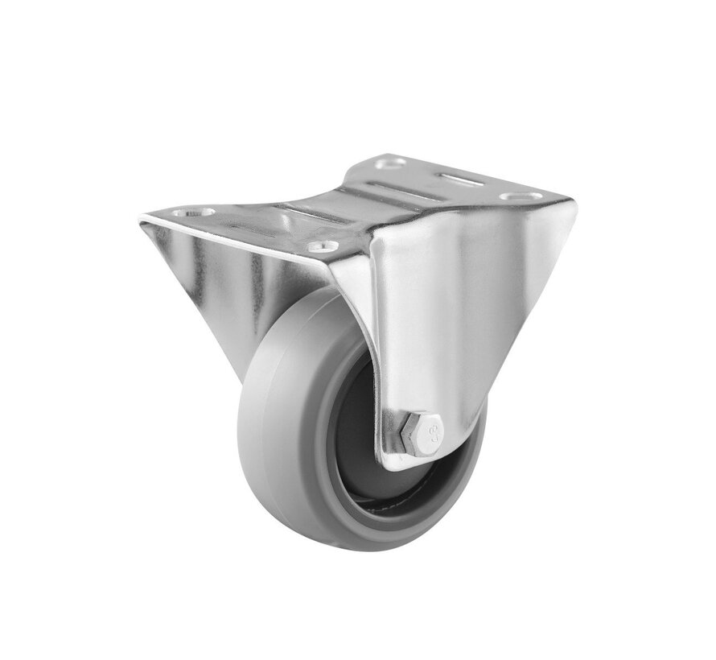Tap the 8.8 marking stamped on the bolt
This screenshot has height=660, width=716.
coord(434,435)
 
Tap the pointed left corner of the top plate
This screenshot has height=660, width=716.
coord(143,215)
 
